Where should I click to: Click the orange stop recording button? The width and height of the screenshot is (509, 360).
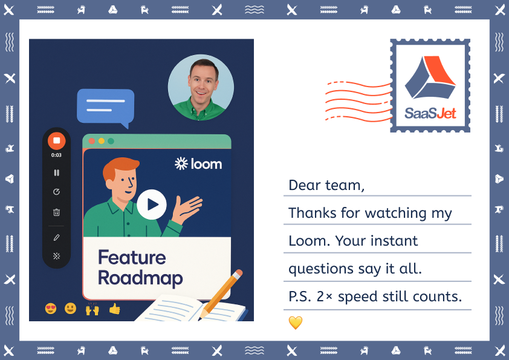(56, 140)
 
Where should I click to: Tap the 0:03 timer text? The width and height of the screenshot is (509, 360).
(56, 155)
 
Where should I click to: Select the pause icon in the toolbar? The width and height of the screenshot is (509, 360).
(56, 172)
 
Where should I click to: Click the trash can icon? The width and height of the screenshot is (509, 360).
(56, 212)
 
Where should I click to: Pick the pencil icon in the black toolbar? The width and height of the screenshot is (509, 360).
(56, 238)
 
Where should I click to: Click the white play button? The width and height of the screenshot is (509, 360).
(152, 205)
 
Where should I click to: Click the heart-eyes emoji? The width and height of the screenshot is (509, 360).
(51, 309)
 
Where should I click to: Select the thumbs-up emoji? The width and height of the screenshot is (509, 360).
(114, 309)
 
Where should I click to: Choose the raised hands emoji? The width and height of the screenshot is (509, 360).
(92, 309)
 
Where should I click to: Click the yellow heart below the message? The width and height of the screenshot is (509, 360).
(296, 322)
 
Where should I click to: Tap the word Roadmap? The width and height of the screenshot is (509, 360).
(140, 278)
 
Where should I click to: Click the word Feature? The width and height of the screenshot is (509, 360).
(132, 257)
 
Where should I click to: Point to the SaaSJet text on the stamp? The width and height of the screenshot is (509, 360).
(430, 113)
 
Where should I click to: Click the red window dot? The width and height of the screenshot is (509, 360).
(92, 141)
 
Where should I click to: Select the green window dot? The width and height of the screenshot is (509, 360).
(111, 141)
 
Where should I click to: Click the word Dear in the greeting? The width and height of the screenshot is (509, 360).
(305, 185)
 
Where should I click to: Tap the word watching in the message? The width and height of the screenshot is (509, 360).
(396, 213)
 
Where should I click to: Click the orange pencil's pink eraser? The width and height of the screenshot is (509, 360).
(239, 273)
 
